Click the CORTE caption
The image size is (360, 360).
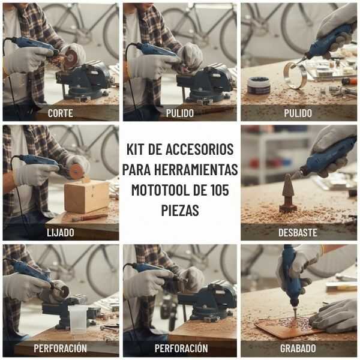click(61, 113)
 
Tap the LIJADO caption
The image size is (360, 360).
click(61, 233)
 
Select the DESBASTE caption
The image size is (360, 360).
click(298, 233)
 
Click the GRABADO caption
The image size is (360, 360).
click(298, 348)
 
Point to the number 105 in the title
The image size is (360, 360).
click(220, 190)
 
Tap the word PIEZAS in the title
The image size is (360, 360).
click(180, 210)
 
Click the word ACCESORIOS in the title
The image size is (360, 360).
click(199, 149)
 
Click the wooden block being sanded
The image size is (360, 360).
click(87, 196)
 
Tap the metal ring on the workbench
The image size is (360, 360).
click(295, 76)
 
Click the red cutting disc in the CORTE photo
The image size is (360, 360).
click(70, 59)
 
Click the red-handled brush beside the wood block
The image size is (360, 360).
click(89, 218)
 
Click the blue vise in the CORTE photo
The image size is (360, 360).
click(86, 80)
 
